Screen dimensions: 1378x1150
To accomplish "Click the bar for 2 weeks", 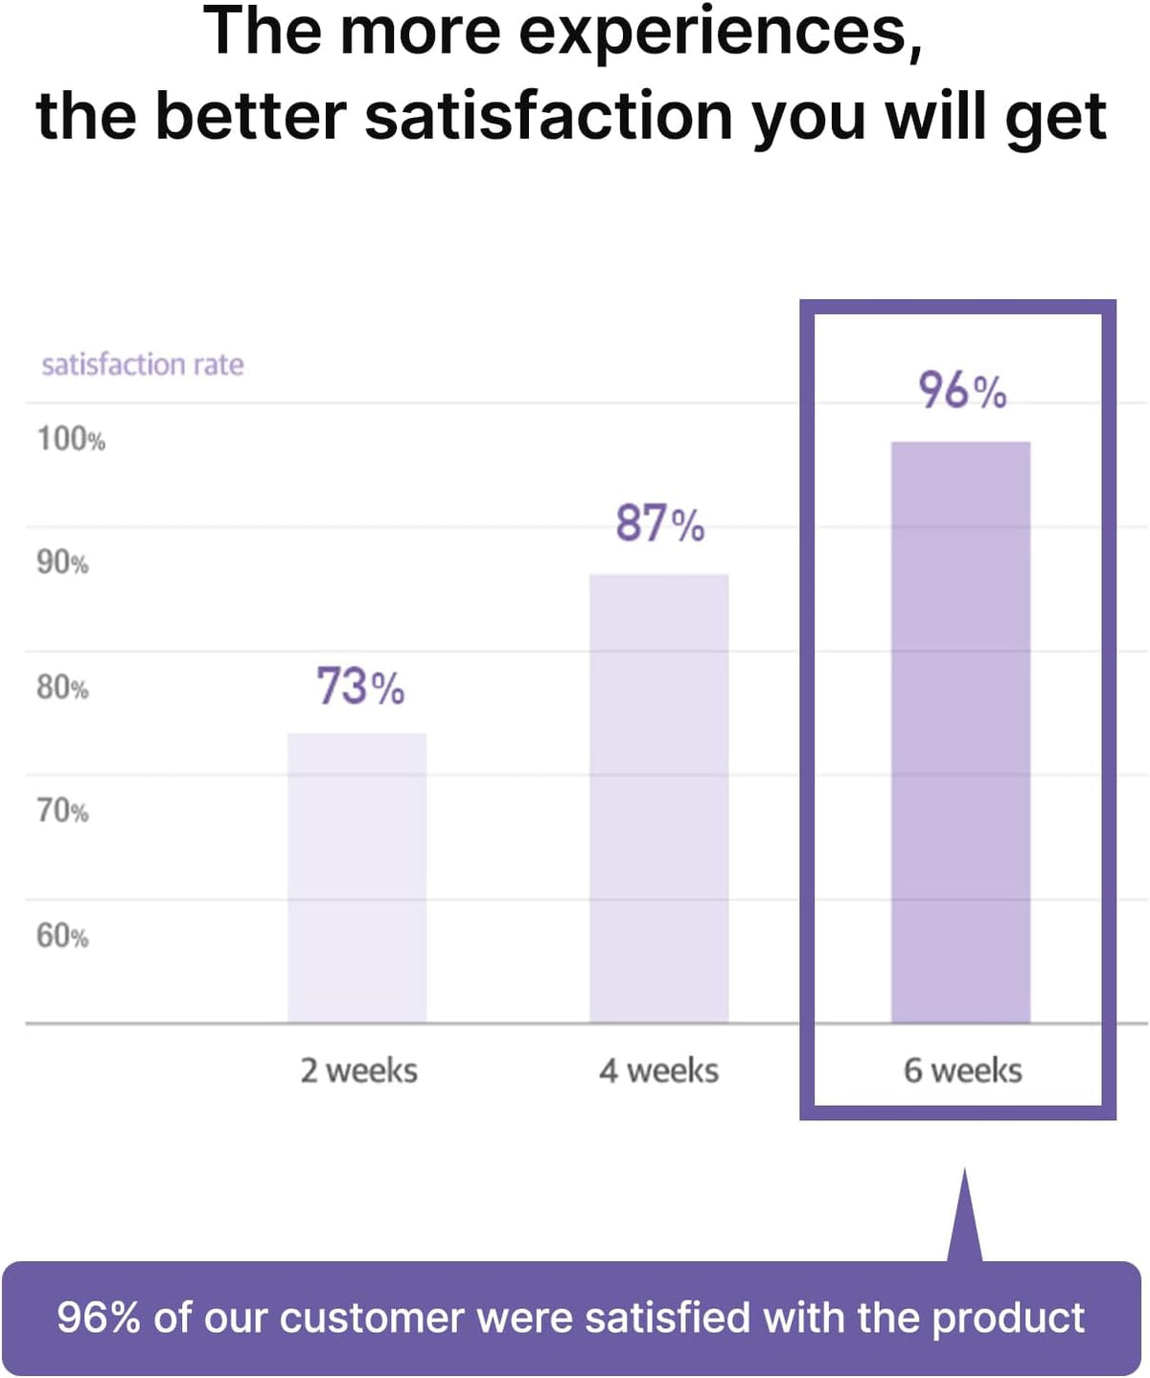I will tap(356, 877).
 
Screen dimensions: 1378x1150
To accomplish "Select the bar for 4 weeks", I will tap(658, 797).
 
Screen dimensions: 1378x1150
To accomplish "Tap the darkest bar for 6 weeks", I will tap(960, 731).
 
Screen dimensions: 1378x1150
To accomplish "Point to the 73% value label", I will tap(360, 687).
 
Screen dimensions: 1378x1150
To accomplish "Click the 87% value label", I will tap(659, 524).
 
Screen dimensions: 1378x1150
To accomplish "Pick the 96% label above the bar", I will tap(962, 391).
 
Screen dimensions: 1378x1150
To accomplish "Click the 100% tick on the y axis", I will tap(71, 439).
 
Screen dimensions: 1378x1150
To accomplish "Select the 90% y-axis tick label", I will tap(62, 563).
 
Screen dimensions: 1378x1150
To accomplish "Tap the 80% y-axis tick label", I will tap(62, 687).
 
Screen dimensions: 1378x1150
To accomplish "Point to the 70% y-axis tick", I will tap(62, 811).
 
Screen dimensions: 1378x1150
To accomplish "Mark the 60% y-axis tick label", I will tap(62, 935).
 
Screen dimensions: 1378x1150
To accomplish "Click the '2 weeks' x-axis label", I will tap(358, 1070).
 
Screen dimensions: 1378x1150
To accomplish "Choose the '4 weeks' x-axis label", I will tap(658, 1070).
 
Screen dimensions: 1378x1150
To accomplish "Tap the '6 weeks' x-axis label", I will tap(962, 1070).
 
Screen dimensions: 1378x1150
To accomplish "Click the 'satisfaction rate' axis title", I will tap(143, 364).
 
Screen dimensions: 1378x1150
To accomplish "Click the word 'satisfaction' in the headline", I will tap(549, 117).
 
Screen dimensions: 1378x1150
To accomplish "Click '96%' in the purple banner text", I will tap(99, 1318).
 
